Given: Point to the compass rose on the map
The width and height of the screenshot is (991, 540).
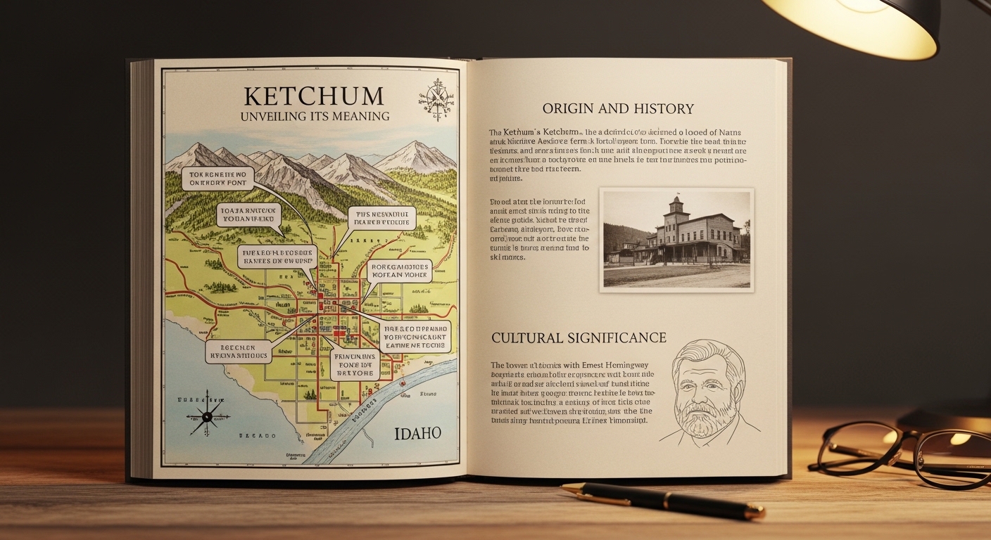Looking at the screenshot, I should (206, 416).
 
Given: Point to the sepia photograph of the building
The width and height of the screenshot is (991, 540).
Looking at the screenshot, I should (676, 239).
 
